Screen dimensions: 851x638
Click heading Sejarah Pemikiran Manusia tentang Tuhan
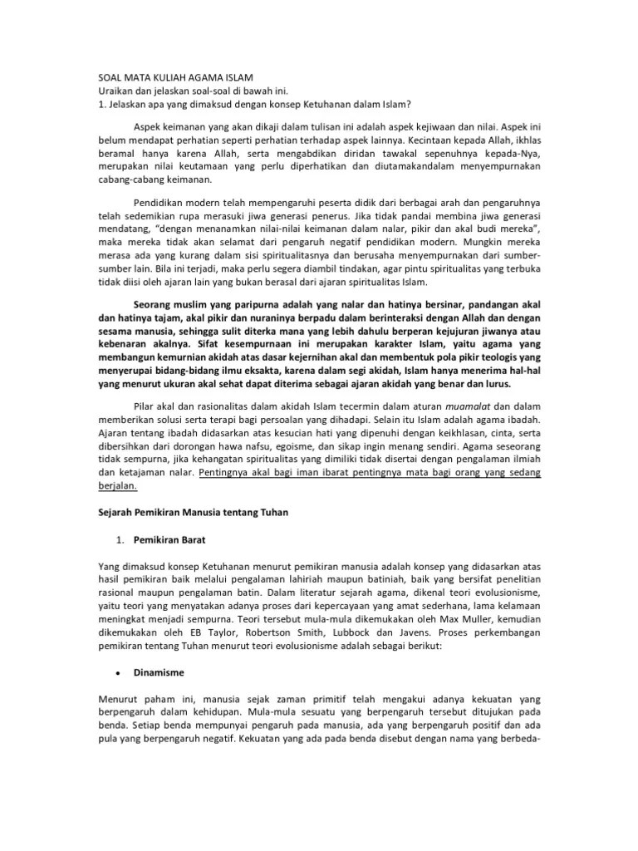(x=189, y=513)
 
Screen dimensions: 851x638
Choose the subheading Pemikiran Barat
(x=170, y=539)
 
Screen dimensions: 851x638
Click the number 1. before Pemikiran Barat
(x=120, y=539)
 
